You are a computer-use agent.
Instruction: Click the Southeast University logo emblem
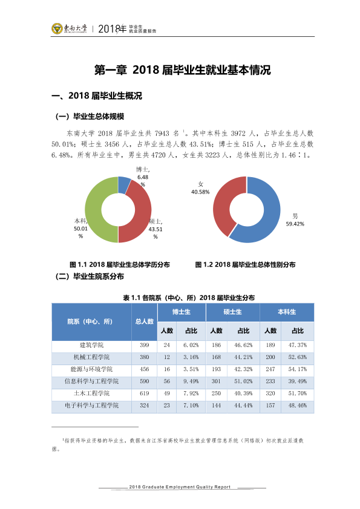click(x=57, y=28)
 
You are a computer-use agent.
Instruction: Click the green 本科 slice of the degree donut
click(x=94, y=209)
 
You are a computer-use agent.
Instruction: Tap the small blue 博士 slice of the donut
click(x=125, y=185)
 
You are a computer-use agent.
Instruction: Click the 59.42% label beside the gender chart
click(x=295, y=224)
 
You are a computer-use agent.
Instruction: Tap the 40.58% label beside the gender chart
click(x=200, y=192)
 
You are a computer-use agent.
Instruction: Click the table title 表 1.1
click(x=189, y=297)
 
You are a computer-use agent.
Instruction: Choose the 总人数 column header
click(x=144, y=322)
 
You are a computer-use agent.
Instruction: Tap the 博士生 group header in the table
click(x=182, y=312)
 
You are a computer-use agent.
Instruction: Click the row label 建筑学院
click(x=91, y=345)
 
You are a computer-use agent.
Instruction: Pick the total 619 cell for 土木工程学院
click(x=144, y=394)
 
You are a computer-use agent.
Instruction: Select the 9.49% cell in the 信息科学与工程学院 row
click(x=191, y=381)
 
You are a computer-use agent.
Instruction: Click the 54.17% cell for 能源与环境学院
click(x=298, y=369)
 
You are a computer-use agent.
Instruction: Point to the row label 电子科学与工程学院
click(x=91, y=406)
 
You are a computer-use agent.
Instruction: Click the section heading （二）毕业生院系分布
click(x=90, y=277)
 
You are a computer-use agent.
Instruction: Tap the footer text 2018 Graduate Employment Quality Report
click(x=180, y=487)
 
